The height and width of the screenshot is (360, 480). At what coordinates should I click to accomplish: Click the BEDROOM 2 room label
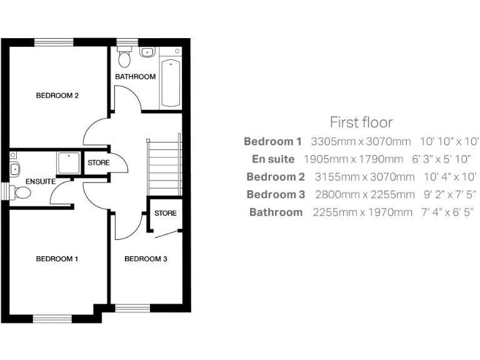click(57, 96)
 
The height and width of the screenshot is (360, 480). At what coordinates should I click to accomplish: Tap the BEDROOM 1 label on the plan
click(57, 259)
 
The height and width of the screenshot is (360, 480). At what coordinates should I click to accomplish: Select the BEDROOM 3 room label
click(146, 259)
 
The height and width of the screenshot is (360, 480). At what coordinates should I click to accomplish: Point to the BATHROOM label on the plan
click(135, 77)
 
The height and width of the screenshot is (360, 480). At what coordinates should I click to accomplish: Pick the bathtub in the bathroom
click(170, 84)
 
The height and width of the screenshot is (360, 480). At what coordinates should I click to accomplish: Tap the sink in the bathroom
click(147, 52)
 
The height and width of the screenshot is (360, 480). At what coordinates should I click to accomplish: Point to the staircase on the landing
click(164, 167)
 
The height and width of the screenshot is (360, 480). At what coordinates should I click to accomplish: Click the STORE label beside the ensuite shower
click(98, 163)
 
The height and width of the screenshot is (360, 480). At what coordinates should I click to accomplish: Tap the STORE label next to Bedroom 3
click(166, 213)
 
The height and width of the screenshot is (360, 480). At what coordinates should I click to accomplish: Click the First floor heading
click(361, 122)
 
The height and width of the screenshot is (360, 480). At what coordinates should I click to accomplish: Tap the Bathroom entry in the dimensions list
click(276, 212)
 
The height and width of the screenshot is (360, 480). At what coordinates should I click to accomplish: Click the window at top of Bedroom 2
click(54, 42)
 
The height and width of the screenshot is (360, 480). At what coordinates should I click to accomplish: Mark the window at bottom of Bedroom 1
click(53, 319)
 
